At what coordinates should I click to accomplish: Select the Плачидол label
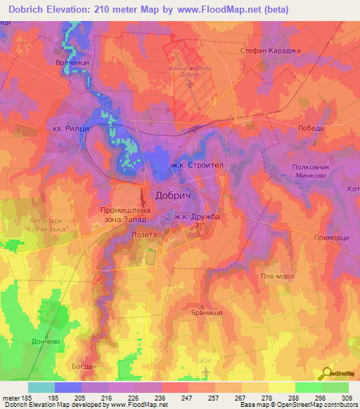[x=276, y=276]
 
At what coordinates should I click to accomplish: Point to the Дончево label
[x=27, y=340]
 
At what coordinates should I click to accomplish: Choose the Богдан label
[x=84, y=366]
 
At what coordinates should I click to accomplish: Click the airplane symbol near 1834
[x=205, y=370]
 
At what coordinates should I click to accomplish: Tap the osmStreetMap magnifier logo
[x=328, y=373]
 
